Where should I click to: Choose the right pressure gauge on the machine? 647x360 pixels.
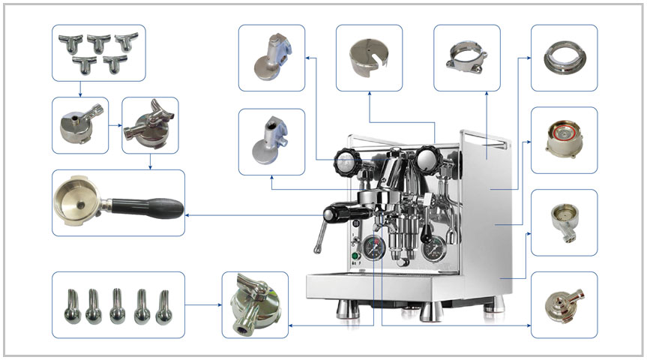432,250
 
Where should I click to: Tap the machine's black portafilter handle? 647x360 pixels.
337,213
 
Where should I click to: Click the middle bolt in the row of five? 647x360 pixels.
118,304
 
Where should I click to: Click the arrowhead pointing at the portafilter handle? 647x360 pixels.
188,215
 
